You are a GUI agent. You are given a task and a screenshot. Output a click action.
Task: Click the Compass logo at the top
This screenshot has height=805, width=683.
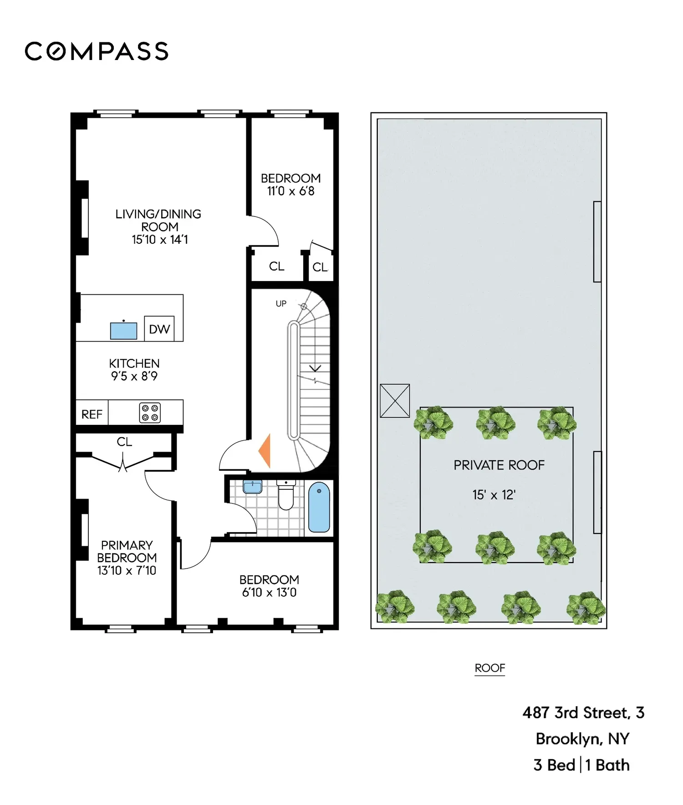pos(97,51)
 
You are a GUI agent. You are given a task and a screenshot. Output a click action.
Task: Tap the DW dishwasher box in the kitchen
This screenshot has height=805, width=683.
pos(159,328)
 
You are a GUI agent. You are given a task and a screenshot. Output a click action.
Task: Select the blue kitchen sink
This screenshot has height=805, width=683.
pos(123,331)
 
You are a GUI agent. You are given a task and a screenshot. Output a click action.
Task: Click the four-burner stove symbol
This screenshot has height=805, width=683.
pos(150,413)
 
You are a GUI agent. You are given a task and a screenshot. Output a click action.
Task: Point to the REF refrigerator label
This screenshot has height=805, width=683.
pos(92,414)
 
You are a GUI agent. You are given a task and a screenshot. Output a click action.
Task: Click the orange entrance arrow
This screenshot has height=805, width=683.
pos(265,451)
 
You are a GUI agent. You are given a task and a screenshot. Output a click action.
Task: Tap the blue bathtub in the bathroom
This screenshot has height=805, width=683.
pos(319,507)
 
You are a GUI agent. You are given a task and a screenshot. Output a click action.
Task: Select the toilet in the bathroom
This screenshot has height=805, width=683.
pos(286,495)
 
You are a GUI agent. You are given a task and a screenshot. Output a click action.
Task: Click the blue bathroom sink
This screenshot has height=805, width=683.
pos(252,487)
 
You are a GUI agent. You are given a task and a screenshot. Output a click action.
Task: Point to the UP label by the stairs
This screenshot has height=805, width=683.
pos(281,303)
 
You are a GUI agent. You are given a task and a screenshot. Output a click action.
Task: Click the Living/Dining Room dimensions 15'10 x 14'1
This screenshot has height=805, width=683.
pos(160,240)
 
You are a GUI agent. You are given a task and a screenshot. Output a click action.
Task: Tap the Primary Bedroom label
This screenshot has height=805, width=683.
pos(127,551)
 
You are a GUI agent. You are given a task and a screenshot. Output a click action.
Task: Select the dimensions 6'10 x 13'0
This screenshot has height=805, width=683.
pos(269,592)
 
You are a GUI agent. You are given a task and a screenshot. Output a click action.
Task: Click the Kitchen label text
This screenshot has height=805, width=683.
pos(134,363)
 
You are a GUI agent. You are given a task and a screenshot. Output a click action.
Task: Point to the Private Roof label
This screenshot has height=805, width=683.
pos(499,465)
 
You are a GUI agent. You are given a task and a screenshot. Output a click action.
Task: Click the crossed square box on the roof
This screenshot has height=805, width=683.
pos(395,401)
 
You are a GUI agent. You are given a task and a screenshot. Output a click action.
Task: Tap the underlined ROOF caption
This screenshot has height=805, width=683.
pos(490,668)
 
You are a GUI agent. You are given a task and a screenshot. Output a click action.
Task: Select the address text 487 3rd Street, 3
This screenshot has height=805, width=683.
pos(583,713)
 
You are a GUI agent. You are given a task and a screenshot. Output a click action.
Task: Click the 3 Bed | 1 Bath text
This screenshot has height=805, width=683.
pos(581,765)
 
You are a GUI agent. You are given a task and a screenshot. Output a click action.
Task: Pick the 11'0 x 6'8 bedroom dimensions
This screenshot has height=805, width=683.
pos(291,191)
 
